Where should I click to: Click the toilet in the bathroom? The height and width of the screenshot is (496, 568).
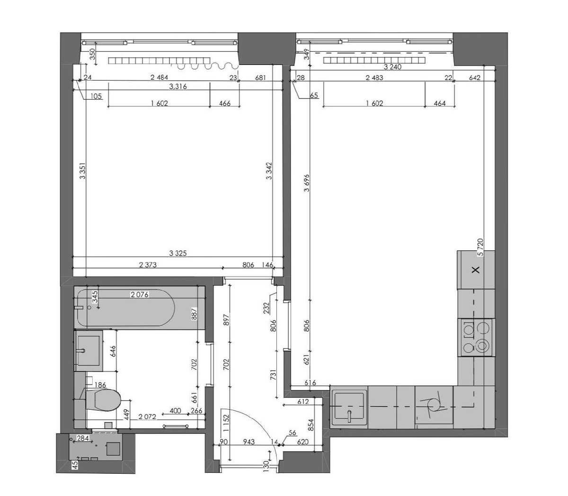click(x=103, y=400)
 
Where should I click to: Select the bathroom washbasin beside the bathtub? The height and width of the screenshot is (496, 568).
click(x=89, y=350)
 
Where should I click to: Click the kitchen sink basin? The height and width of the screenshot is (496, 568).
click(x=349, y=406)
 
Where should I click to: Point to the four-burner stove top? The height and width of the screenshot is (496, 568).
click(x=476, y=337)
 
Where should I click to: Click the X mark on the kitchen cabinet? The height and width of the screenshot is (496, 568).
click(x=476, y=269)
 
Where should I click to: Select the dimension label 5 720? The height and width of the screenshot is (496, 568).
click(x=480, y=247)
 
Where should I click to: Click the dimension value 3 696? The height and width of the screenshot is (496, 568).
click(x=307, y=183)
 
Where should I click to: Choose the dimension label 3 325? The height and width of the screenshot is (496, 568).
click(x=178, y=253)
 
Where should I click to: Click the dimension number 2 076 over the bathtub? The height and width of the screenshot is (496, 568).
click(x=140, y=294)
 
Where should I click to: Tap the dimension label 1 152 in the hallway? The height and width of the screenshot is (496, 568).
click(x=226, y=423)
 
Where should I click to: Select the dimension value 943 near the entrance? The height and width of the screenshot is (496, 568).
click(x=249, y=442)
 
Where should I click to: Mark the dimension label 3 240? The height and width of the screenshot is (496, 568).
click(x=392, y=67)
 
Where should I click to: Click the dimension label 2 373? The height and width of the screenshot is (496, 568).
click(x=148, y=265)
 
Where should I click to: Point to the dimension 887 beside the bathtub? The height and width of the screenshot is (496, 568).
click(x=194, y=313)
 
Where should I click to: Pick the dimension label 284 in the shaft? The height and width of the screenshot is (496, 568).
click(x=83, y=439)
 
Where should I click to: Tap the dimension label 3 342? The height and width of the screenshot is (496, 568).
click(x=269, y=171)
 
